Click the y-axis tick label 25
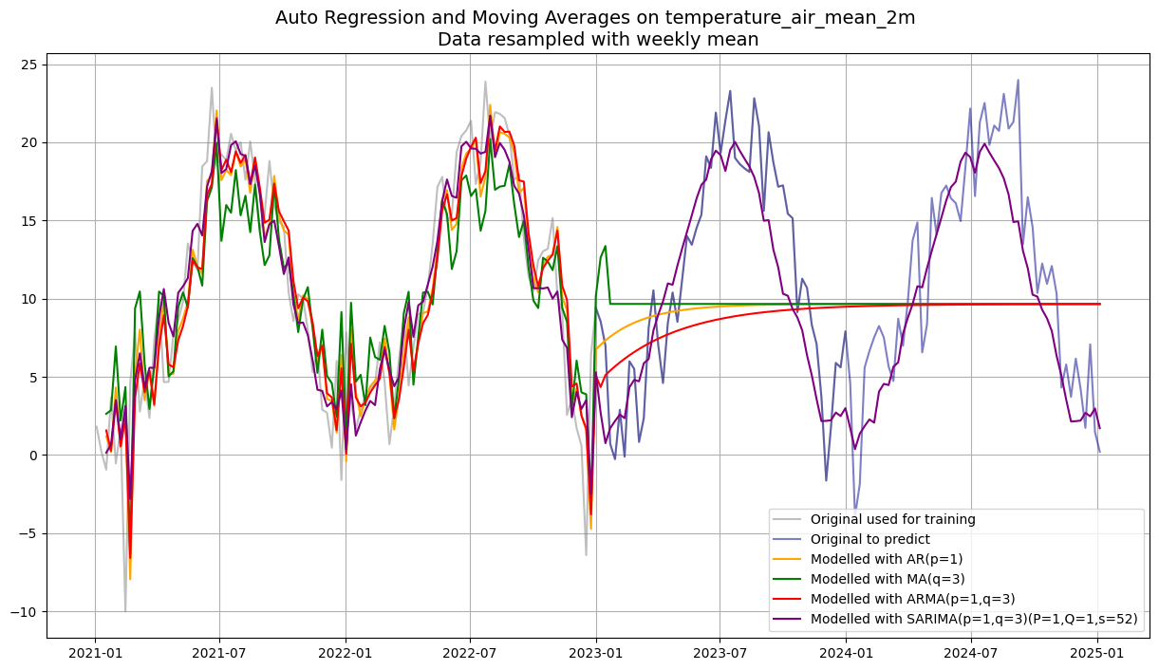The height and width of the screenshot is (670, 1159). [x=28, y=65]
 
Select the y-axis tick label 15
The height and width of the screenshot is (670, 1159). [x=28, y=221]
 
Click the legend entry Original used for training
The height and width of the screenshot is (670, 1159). [x=892, y=519]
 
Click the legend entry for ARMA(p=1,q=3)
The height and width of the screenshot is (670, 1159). [x=902, y=599]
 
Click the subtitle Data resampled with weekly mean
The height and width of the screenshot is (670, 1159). [x=598, y=40]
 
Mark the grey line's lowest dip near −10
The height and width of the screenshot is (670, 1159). [x=125, y=610]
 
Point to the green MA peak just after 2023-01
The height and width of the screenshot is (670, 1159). [x=606, y=247]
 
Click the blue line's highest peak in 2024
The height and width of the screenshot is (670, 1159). [x=1018, y=81]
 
